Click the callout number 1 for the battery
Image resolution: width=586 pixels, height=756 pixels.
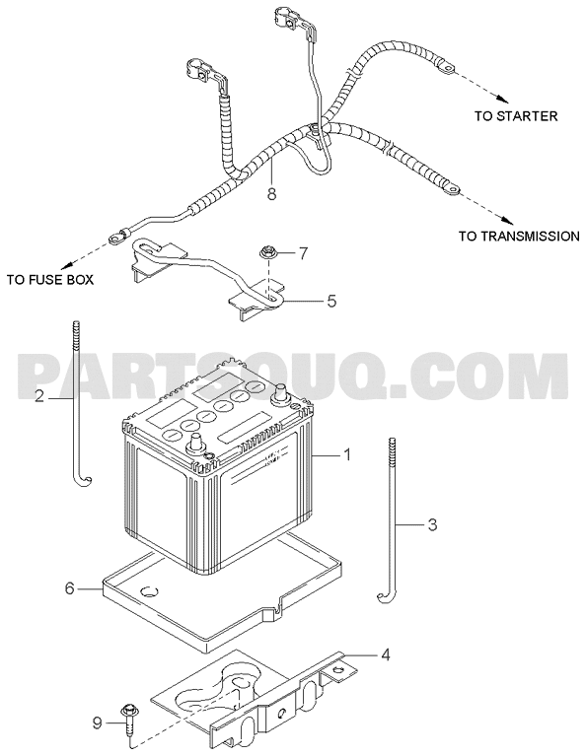pos(346,454)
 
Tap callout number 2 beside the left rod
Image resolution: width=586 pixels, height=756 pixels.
pos(40,397)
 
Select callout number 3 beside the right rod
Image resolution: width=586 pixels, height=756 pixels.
pos(432,524)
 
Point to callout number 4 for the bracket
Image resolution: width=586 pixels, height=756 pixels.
pos(385,654)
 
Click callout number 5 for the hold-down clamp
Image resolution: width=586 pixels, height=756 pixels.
pos(331,301)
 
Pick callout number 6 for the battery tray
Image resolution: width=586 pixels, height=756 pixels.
pos(69,588)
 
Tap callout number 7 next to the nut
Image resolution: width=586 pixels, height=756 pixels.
pos(303,253)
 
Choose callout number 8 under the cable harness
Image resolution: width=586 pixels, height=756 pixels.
pos(271,194)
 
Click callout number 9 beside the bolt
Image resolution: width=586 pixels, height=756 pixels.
pos(97,723)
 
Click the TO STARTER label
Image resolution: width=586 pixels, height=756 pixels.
pos(516,116)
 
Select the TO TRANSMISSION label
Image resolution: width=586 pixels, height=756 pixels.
pos(519,237)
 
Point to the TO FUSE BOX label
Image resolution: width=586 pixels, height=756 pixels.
pos(50,280)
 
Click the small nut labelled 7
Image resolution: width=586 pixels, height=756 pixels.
pos(266,251)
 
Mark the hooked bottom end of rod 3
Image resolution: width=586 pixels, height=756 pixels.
pos(385,597)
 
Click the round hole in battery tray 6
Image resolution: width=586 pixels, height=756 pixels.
pos(149,591)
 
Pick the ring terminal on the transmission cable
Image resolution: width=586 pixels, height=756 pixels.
pos(452,189)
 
